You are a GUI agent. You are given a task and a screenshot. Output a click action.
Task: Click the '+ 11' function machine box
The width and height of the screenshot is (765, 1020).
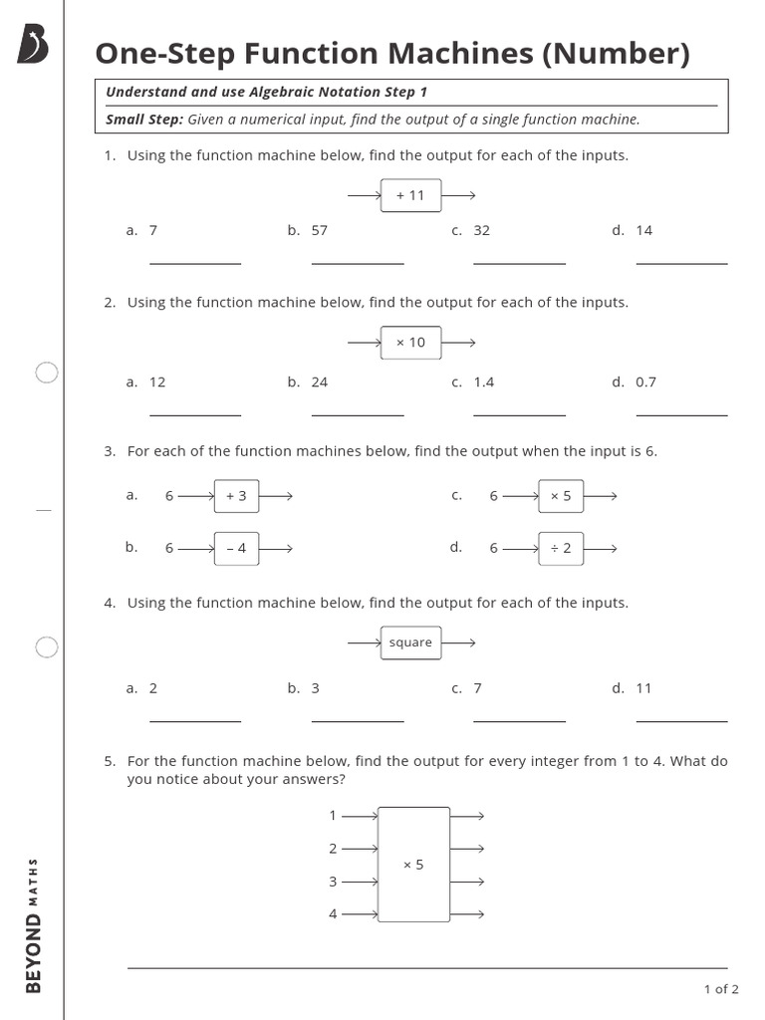coord(410,196)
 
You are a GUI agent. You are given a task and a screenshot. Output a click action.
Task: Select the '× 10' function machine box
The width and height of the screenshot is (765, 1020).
coord(410,343)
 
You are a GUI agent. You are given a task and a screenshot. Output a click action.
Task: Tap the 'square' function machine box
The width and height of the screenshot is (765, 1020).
coord(410,642)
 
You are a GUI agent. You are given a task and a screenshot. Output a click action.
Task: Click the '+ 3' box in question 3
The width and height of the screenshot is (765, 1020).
coord(236,496)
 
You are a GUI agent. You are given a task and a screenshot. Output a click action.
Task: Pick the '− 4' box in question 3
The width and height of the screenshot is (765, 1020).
coord(236,548)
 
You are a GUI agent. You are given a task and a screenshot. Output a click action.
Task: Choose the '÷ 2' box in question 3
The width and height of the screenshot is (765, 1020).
coord(561,548)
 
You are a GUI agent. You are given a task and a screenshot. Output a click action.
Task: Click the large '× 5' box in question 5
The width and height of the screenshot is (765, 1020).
coord(413,865)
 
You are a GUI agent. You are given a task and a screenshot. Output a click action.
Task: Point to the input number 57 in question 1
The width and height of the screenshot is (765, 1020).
coord(319,230)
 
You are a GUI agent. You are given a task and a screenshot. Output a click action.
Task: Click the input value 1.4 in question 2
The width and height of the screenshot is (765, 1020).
coord(483,382)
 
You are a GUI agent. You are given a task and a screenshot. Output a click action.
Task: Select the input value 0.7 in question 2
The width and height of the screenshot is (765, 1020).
coord(645,382)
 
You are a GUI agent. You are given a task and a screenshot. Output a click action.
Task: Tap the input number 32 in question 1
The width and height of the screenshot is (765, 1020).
coord(481,230)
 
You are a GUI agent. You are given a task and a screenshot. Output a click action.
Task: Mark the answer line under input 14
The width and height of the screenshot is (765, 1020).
coord(681,263)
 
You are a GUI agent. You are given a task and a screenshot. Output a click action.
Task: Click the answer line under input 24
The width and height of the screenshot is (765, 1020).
coord(358,414)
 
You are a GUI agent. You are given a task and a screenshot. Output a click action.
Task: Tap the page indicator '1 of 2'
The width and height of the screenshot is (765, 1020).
coord(721,989)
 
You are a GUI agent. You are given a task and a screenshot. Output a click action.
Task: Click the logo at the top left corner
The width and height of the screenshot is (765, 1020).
coord(33,45)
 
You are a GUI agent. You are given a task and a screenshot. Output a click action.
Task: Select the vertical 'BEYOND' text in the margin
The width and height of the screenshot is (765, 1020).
coord(34,953)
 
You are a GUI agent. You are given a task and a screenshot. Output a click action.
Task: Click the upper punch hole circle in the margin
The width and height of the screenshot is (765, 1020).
coord(47,374)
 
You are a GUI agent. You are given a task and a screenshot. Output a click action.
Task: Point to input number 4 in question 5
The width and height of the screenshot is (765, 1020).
coord(333,914)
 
